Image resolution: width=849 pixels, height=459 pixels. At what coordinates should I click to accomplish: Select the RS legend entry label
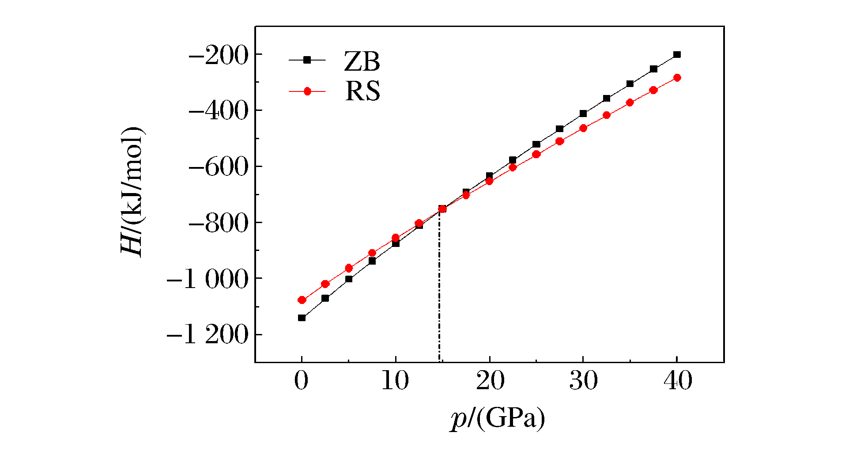(362, 91)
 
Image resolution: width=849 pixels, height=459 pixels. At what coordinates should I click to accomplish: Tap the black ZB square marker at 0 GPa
(302, 318)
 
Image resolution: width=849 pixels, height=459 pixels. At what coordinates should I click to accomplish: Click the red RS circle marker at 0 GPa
(302, 300)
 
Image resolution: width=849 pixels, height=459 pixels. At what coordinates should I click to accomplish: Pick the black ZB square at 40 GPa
(677, 55)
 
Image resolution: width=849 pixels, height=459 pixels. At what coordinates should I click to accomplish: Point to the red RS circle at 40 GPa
(677, 78)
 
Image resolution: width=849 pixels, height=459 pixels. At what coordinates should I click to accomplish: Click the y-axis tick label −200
(218, 56)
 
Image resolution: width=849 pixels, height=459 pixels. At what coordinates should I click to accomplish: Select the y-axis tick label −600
(218, 168)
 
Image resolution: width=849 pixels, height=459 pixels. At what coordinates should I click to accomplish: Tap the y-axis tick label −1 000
(208, 280)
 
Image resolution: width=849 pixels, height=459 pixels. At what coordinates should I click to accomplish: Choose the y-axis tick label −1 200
(208, 336)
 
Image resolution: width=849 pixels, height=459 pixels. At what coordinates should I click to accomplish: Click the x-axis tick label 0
(302, 381)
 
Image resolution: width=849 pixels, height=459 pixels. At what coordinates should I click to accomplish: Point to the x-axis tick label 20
(490, 381)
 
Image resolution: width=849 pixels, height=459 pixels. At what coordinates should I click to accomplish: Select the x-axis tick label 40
(677, 381)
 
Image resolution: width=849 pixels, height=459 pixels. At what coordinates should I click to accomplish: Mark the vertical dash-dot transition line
(439, 287)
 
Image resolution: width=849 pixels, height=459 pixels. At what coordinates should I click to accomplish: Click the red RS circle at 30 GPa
(583, 128)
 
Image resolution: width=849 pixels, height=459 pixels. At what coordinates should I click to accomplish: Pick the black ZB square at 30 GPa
(583, 114)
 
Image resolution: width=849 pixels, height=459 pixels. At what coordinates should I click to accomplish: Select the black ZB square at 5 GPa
(349, 279)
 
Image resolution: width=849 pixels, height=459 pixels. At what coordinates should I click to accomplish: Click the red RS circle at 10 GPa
(396, 238)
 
